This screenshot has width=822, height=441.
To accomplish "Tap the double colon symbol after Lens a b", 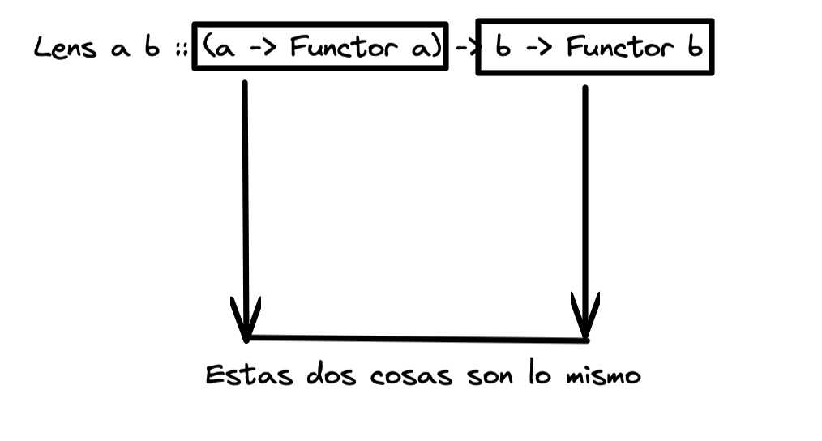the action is click(178, 50).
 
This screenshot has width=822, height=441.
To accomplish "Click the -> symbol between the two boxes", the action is click(464, 49).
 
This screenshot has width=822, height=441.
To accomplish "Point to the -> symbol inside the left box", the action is click(260, 50).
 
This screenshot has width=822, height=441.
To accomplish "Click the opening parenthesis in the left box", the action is click(208, 49).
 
